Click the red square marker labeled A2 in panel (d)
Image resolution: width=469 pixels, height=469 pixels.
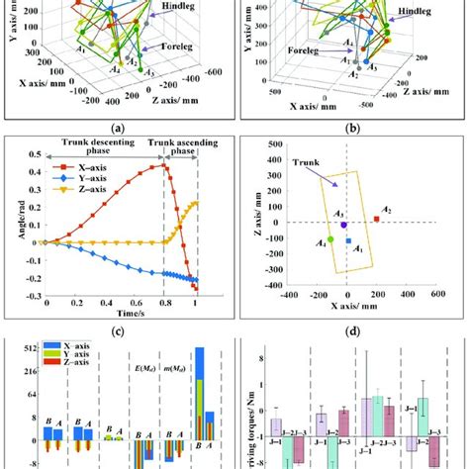376,219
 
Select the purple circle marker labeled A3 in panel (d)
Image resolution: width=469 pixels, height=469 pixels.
343,225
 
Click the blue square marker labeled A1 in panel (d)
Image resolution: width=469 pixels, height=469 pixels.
348,240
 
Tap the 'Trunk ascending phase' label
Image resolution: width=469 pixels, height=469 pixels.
187,148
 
